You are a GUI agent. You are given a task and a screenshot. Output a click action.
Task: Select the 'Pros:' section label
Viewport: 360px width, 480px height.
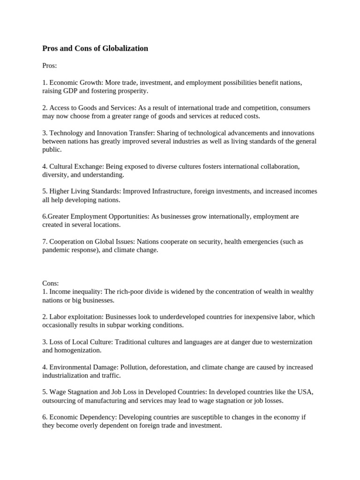point(49,66)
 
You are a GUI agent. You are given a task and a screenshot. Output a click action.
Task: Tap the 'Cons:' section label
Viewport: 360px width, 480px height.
point(50,283)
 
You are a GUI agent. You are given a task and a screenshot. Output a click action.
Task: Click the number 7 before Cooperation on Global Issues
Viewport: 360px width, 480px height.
point(44,242)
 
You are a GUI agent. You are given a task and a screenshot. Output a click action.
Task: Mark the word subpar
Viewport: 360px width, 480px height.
point(146,325)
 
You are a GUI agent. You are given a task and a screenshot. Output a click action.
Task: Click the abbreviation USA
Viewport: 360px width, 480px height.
point(302,392)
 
